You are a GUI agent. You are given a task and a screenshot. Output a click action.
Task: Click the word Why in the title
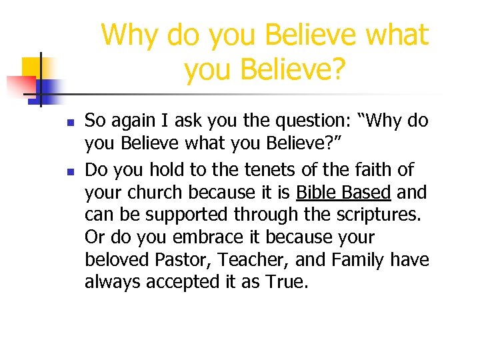click(x=131, y=35)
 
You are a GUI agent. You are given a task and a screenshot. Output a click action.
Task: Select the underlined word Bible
click(x=317, y=193)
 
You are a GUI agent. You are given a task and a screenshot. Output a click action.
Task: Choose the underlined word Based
click(x=367, y=193)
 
